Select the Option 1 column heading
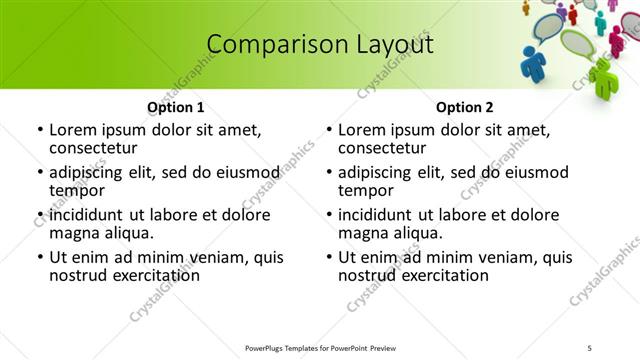(x=175, y=107)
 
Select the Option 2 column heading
(x=464, y=107)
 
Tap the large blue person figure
(x=533, y=61)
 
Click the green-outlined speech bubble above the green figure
(x=577, y=43)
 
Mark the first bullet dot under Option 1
(x=40, y=130)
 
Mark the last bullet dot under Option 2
(x=329, y=257)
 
